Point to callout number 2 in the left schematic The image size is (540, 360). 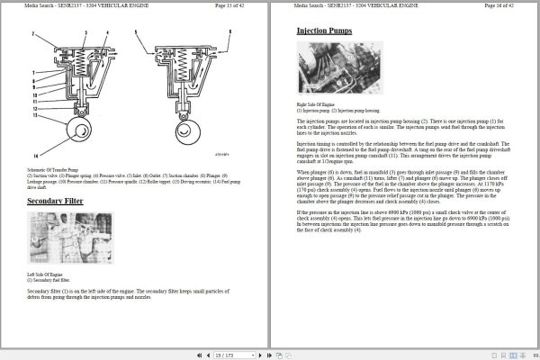pos(33,33)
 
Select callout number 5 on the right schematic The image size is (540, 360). pos(135,33)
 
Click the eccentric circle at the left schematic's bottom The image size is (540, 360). pos(76,133)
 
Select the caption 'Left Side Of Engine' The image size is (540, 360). pos(45,274)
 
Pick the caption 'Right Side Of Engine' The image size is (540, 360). pos(316,104)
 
